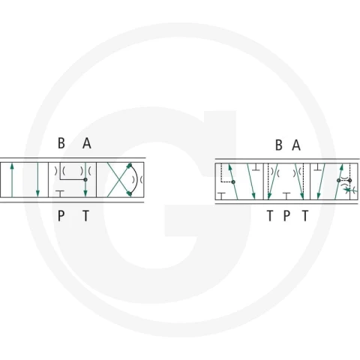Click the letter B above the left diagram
(61, 143)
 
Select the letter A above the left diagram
(87, 143)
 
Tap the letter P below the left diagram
(61, 216)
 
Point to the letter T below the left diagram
(85, 216)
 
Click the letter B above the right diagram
(279, 145)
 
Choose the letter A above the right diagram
(296, 145)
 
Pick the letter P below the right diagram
(287, 216)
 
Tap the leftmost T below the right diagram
(270, 216)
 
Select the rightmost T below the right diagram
(305, 216)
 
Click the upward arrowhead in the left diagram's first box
(12, 166)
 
